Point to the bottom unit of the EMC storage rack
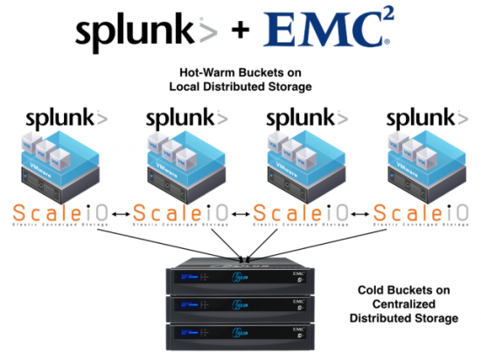point(240,333)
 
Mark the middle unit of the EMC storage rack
point(240,307)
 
